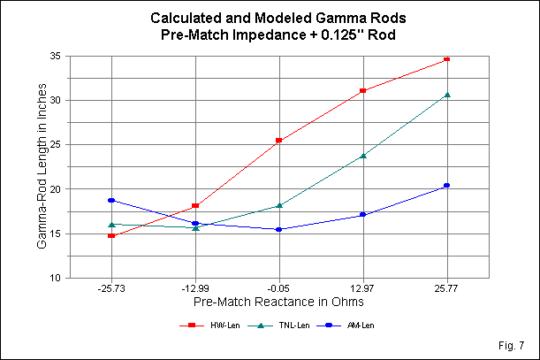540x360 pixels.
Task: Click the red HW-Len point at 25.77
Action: pyautogui.click(x=447, y=59)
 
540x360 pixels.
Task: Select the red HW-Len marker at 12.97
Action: pyautogui.click(x=363, y=91)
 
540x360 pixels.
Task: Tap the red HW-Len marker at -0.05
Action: pyautogui.click(x=279, y=141)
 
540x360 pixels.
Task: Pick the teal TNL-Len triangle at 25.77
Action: pyautogui.click(x=447, y=95)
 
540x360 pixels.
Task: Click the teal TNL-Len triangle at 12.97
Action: pyautogui.click(x=363, y=156)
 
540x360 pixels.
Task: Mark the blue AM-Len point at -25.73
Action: pyautogui.click(x=111, y=200)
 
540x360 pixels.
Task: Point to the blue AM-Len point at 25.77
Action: pyautogui.click(x=447, y=186)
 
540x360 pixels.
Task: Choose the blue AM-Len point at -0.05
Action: pyautogui.click(x=279, y=229)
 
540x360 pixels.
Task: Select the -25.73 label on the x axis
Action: pyautogui.click(x=111, y=289)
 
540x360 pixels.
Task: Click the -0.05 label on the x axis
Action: pyautogui.click(x=279, y=289)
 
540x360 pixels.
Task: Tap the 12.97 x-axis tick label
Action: pyautogui.click(x=363, y=289)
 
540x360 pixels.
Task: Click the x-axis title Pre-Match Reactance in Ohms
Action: pyautogui.click(x=279, y=303)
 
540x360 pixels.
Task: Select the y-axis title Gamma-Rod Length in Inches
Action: pyautogui.click(x=42, y=167)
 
